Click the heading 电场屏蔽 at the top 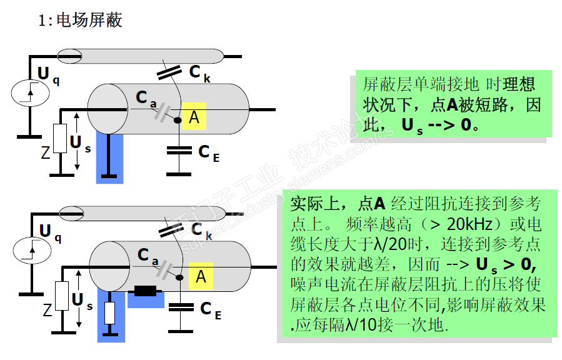pyautogui.click(x=89, y=20)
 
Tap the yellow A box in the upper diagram pyautogui.click(x=194, y=116)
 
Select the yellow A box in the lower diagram pyautogui.click(x=201, y=276)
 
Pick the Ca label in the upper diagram pyautogui.click(x=145, y=99)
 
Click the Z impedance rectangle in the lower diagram pyautogui.click(x=62, y=297)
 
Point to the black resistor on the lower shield pyautogui.click(x=146, y=291)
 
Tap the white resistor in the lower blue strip pyautogui.click(x=110, y=312)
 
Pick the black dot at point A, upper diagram pyautogui.click(x=177, y=120)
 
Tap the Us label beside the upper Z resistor pyautogui.click(x=80, y=144)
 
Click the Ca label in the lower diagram pyautogui.click(x=148, y=256)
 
